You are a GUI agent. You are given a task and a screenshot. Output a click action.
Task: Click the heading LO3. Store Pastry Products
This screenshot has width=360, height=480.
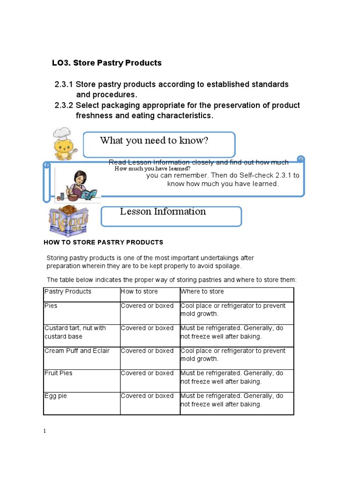(x=106, y=63)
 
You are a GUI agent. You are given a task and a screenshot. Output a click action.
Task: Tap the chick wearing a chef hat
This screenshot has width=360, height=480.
(x=64, y=143)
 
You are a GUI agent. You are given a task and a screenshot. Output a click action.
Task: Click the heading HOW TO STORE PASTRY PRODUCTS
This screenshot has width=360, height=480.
(x=103, y=242)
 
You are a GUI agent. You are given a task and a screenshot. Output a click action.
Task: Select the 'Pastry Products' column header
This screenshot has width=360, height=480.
(x=68, y=292)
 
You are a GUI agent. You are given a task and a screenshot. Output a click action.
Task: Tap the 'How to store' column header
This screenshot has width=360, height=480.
(x=139, y=292)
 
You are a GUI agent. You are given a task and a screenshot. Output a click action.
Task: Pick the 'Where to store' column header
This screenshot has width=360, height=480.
(x=202, y=292)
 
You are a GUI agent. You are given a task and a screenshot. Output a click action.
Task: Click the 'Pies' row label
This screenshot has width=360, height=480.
(x=51, y=306)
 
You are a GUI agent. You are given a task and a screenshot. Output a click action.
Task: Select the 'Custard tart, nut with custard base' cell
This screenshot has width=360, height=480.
(x=75, y=332)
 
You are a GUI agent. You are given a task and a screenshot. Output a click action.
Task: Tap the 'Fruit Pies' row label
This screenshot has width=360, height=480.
(x=59, y=373)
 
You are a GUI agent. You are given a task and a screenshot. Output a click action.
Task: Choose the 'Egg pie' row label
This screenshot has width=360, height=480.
(x=56, y=396)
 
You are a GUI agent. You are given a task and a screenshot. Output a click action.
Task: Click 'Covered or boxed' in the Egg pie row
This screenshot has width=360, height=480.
(x=147, y=396)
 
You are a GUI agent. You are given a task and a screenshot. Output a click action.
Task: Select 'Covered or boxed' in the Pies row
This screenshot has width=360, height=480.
(x=147, y=306)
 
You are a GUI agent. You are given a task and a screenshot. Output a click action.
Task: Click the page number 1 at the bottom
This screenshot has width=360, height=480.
(x=45, y=431)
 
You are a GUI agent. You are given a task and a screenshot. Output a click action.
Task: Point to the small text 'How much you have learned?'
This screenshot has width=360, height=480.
(x=152, y=168)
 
